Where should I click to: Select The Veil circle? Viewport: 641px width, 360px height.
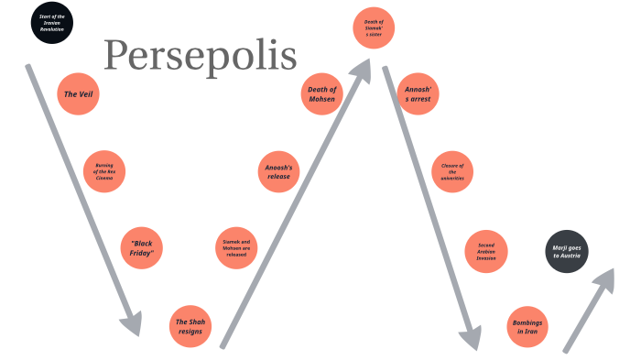coord(78,93)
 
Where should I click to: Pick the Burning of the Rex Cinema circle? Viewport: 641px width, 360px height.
coord(104,170)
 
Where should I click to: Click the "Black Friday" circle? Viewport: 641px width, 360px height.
coord(142,247)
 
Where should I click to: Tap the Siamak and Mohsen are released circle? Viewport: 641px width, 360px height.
coord(235,247)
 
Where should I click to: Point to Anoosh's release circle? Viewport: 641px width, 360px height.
coord(278,170)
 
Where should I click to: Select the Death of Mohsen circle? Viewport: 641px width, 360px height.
coord(322,93)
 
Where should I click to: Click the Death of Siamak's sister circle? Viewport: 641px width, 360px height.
coord(373,28)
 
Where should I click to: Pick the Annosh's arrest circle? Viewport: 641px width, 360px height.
coord(418,93)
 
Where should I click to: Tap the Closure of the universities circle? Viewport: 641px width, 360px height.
coord(452,170)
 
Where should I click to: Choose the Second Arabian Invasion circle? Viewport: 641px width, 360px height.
coord(486,251)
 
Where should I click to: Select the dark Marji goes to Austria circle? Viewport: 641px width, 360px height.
coord(569,251)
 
